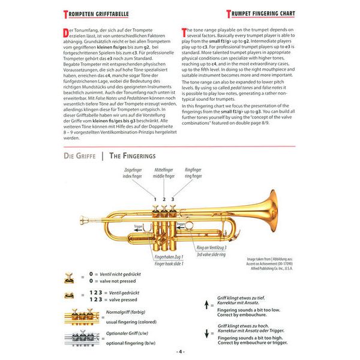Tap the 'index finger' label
click(x=134, y=176)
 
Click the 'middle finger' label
click(x=163, y=176)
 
